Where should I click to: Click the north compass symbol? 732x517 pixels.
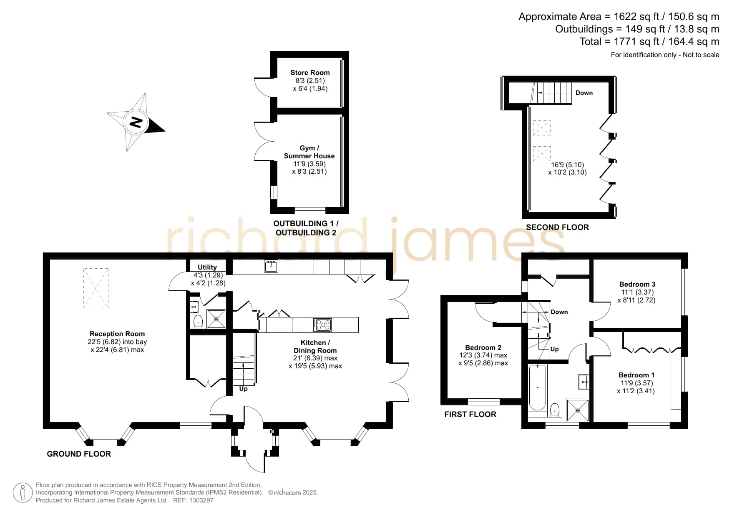tap(136, 122)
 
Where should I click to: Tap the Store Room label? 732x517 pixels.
tap(310, 72)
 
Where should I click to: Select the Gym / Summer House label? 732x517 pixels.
tap(309, 152)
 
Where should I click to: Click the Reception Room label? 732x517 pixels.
tap(117, 334)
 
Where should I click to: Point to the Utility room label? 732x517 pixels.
tap(207, 267)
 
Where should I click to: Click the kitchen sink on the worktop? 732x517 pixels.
tap(271, 266)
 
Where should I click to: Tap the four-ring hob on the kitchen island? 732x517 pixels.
tap(322, 325)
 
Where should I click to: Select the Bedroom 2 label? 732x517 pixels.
tap(483, 347)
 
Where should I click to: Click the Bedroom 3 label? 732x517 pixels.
tap(637, 285)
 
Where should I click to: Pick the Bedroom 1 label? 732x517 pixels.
tap(636, 375)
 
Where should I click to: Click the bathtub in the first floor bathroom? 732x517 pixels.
tap(538, 387)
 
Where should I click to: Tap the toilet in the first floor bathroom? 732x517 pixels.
tap(555, 410)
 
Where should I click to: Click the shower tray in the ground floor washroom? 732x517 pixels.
tap(216, 319)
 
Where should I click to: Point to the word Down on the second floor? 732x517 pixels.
tap(584, 93)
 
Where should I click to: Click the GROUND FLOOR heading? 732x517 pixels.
tap(79, 454)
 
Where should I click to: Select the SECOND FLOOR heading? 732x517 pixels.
tap(557, 227)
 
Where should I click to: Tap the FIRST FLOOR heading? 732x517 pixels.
tap(470, 414)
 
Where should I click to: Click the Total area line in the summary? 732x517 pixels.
tap(649, 42)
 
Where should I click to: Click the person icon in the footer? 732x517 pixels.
tap(23, 493)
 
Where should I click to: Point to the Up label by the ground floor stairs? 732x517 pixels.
tap(243, 389)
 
